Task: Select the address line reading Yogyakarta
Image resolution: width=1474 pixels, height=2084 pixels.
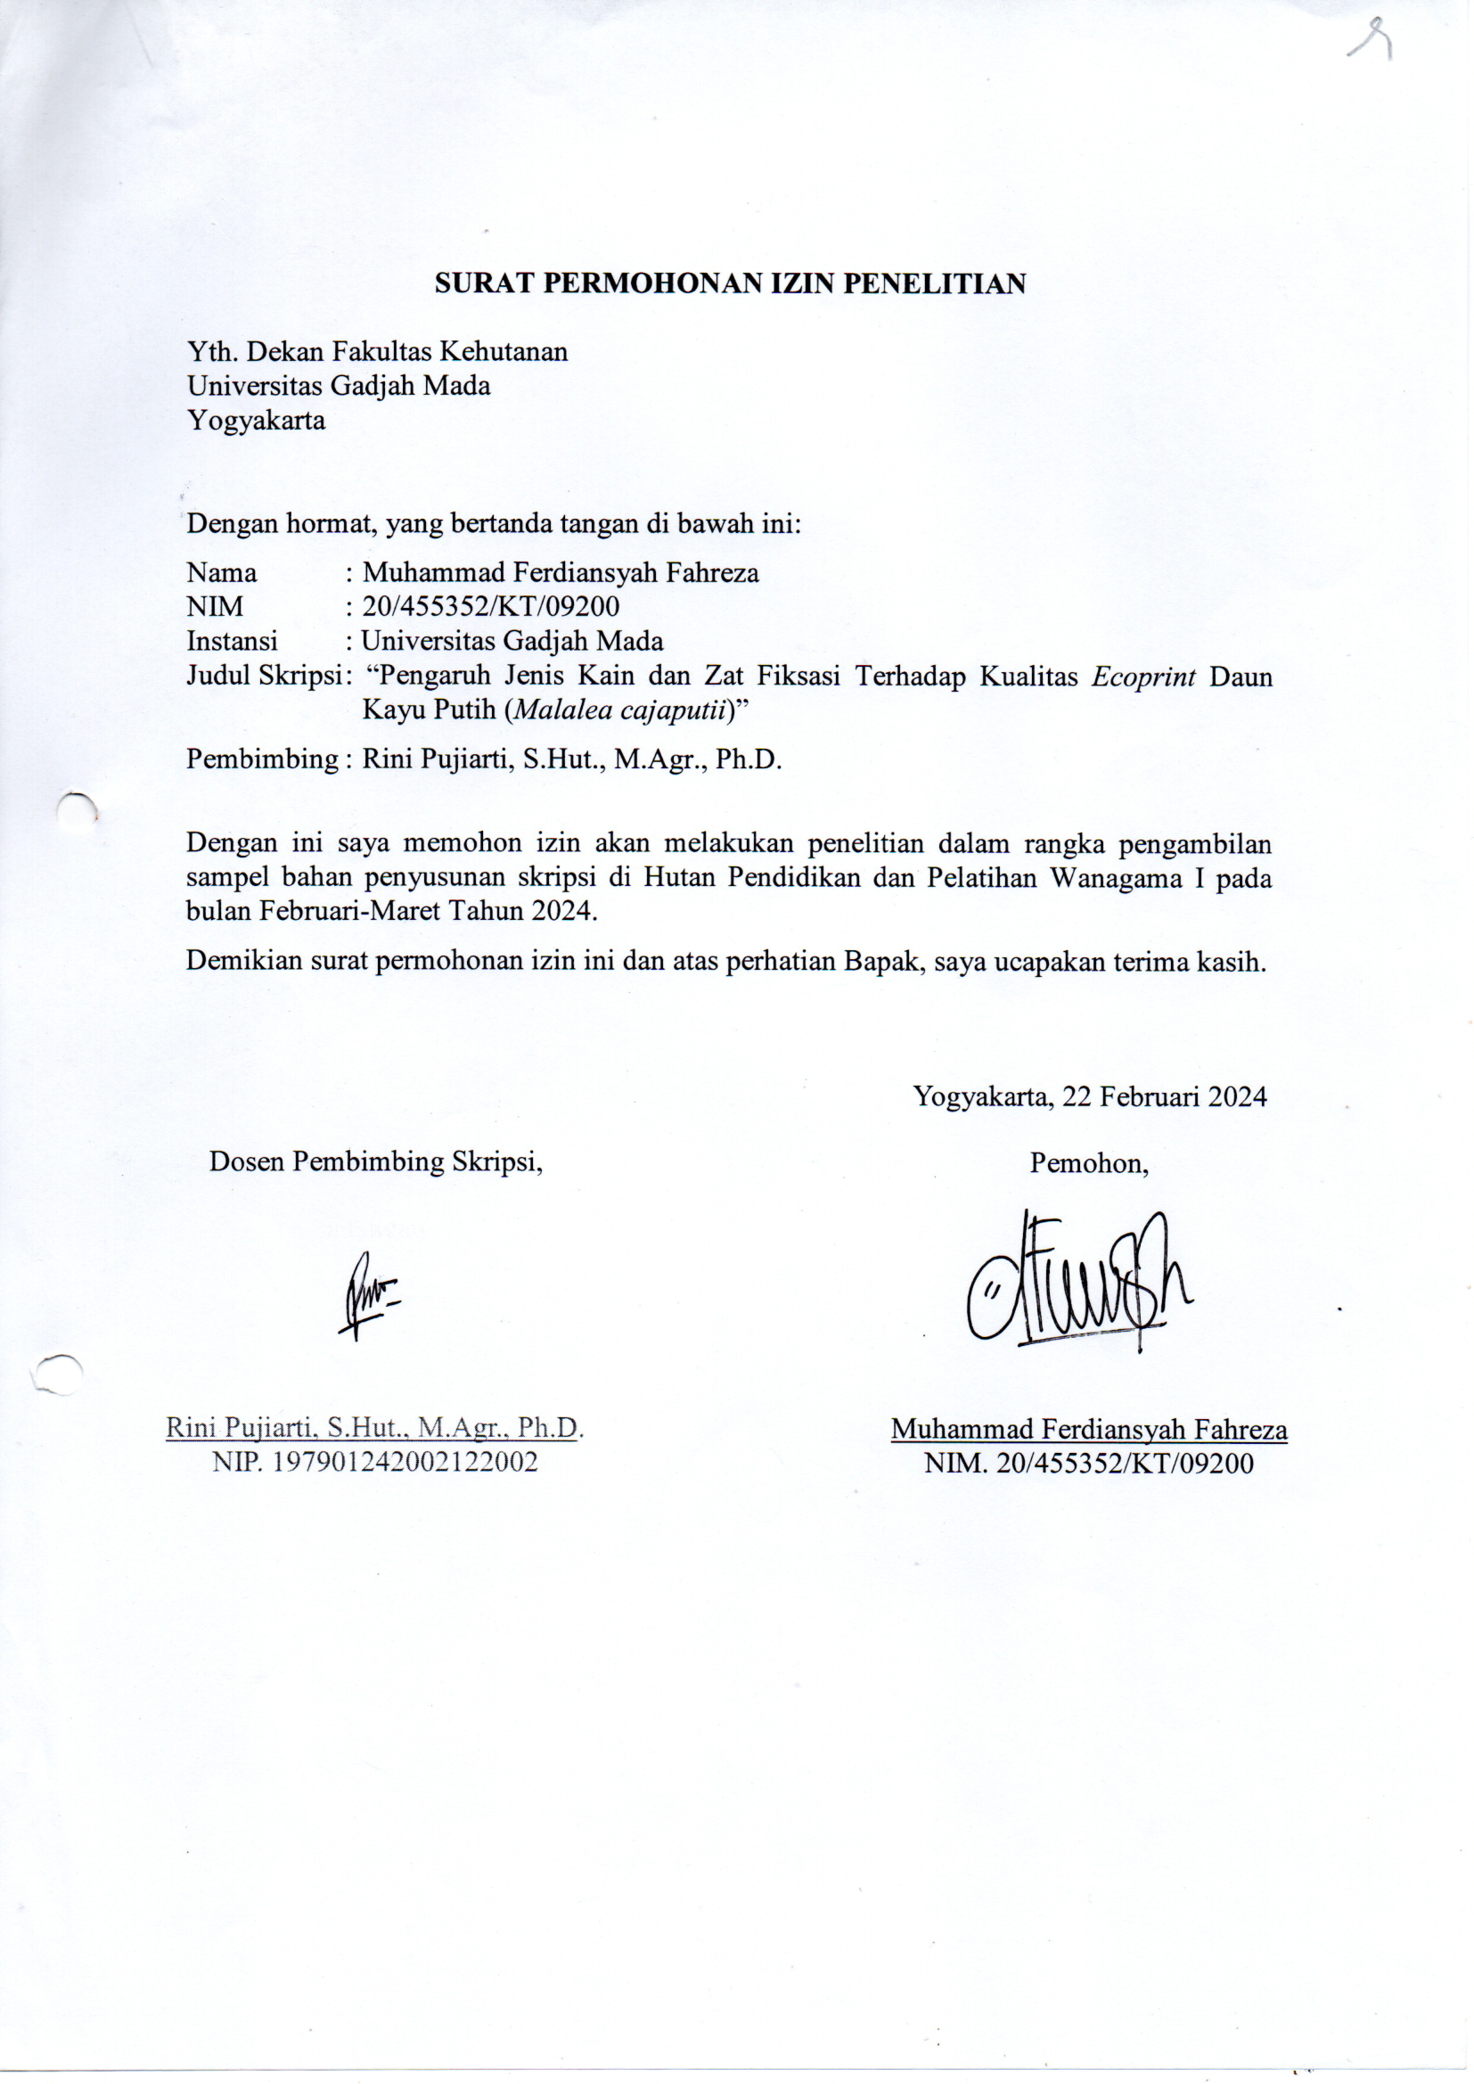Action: (256, 421)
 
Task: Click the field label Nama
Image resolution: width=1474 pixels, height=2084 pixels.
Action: (222, 573)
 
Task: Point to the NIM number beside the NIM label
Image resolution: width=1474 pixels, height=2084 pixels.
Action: (491, 606)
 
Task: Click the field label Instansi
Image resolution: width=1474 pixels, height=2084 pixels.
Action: (233, 641)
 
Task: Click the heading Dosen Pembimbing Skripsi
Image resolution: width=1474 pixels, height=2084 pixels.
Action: (376, 1161)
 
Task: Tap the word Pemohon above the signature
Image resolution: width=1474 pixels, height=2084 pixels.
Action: (1088, 1163)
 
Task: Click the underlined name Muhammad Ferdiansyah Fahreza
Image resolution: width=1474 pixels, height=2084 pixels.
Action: (1088, 1430)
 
